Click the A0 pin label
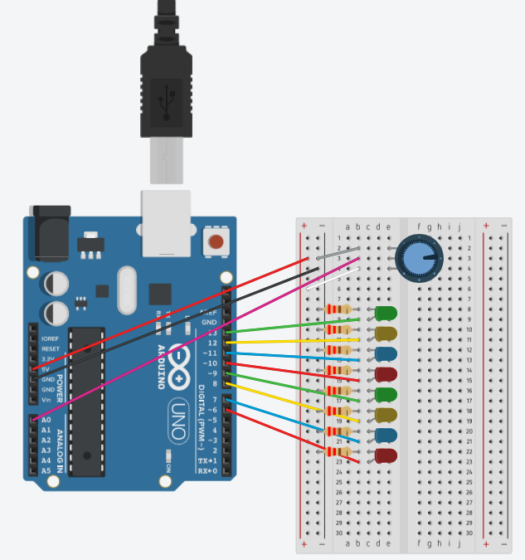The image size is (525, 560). point(46,421)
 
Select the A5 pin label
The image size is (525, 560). point(46,470)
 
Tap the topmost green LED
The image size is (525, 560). point(386,314)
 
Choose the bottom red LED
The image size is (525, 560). point(386,455)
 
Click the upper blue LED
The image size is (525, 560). point(386,353)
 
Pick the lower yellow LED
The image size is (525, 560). point(386,415)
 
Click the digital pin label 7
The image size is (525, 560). point(213,400)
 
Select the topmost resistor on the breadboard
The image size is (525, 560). point(338,309)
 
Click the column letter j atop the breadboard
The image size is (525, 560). point(459,226)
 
